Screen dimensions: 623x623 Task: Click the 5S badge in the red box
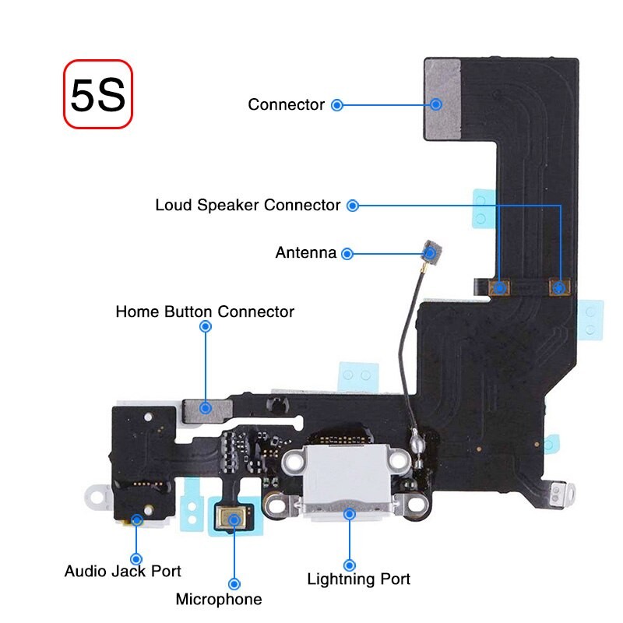(98, 94)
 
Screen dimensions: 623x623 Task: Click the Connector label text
(286, 104)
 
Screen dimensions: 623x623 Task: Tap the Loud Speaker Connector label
(248, 206)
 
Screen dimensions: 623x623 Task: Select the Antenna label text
(306, 253)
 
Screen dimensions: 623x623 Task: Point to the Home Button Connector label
(205, 312)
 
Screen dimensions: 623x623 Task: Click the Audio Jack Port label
(122, 572)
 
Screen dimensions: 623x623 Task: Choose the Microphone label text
(219, 600)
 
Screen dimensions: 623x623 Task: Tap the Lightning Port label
(358, 579)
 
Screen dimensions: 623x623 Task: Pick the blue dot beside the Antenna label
(347, 253)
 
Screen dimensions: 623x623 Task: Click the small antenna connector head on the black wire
(430, 252)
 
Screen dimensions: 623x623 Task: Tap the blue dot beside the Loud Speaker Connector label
(353, 206)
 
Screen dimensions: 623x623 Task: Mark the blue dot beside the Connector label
(337, 104)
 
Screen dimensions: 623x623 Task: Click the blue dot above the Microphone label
(234, 583)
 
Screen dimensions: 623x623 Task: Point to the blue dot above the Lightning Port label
(350, 565)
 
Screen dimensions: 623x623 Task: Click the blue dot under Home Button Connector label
(206, 327)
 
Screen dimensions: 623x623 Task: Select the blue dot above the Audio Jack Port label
(136, 558)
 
